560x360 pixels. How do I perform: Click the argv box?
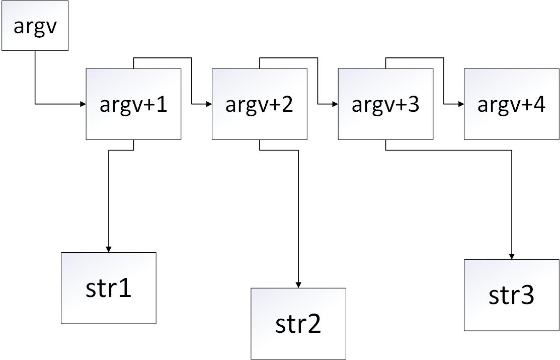[35, 26]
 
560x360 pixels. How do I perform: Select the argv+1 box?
[133, 104]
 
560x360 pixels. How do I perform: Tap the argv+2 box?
[259, 104]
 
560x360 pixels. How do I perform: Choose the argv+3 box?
[385, 104]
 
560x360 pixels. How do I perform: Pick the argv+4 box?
[511, 104]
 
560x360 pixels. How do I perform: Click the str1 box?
[109, 288]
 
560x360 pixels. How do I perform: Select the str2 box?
[298, 324]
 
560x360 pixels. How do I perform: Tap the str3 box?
[511, 295]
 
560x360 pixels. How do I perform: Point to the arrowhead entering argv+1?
[83, 104]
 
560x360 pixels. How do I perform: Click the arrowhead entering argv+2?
[209, 104]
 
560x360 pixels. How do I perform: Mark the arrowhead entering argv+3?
[335, 104]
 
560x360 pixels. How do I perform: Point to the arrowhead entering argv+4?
[460, 104]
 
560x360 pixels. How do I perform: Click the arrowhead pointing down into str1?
[109, 249]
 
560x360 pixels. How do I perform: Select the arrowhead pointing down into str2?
[298, 285]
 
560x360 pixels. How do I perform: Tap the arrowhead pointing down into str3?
[512, 256]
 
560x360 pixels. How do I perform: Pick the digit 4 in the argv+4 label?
[538, 105]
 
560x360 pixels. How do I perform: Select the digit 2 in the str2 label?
[313, 325]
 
